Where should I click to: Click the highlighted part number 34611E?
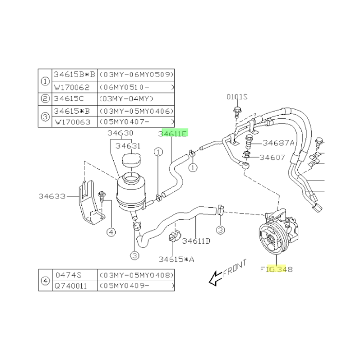pyautogui.click(x=173, y=133)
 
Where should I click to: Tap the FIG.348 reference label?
pyautogui.click(x=277, y=269)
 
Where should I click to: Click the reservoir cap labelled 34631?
pyautogui.click(x=131, y=160)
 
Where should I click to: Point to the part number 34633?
pyautogui.click(x=52, y=196)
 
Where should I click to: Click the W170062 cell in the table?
pyautogui.click(x=71, y=87)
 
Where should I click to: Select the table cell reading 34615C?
pyautogui.click(x=69, y=99)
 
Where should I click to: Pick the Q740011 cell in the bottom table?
pyautogui.click(x=71, y=286)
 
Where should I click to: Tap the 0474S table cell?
pyautogui.click(x=68, y=275)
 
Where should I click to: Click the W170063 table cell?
pyautogui.click(x=73, y=122)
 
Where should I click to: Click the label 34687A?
pyautogui.click(x=279, y=143)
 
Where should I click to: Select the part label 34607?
pyautogui.click(x=272, y=157)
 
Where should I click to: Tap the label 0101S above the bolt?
pyautogui.click(x=237, y=97)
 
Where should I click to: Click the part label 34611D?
pyautogui.click(x=196, y=241)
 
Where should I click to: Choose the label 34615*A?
pyautogui.click(x=176, y=259)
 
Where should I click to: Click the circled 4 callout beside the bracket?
pyautogui.click(x=111, y=232)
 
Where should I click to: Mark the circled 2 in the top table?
pyautogui.click(x=45, y=99)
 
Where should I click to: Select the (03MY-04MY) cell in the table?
pyautogui.click(x=126, y=99)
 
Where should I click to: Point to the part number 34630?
pyautogui.click(x=120, y=133)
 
